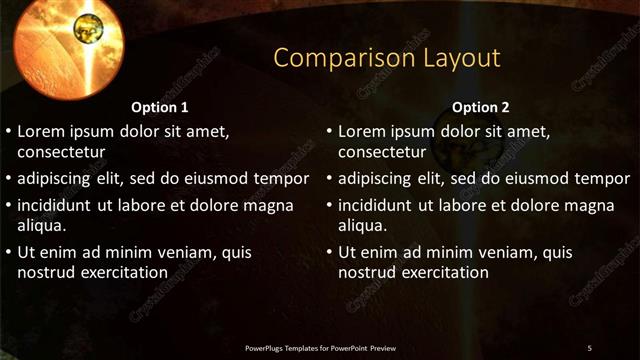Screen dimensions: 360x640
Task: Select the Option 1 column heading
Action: point(160,107)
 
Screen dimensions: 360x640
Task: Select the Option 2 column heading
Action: point(480,107)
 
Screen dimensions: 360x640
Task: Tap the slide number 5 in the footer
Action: point(590,347)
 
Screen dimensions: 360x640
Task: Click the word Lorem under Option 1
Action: point(45,131)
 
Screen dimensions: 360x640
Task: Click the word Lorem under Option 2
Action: point(365,131)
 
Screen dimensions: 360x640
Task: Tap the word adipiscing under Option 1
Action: point(59,179)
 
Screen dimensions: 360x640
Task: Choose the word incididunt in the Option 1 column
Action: point(60,205)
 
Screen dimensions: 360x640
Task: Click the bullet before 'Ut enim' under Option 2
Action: point(330,253)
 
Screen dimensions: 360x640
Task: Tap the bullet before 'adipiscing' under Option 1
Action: point(10,180)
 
